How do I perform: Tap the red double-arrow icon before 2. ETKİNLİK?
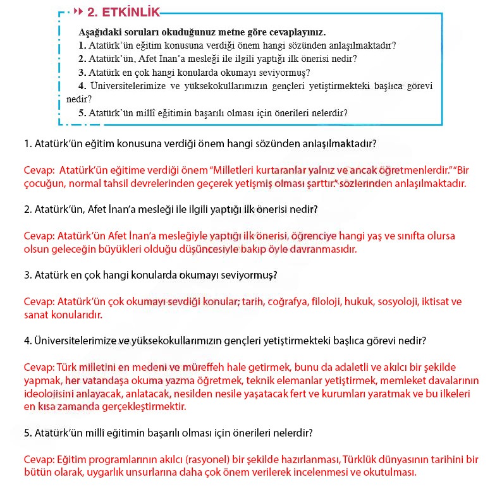tap(78, 12)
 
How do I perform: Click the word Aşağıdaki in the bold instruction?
tap(100, 32)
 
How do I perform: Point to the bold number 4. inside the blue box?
tap(82, 85)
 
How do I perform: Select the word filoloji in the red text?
tap(327, 302)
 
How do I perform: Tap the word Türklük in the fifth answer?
tap(362, 459)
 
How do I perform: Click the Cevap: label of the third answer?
tap(39, 302)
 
